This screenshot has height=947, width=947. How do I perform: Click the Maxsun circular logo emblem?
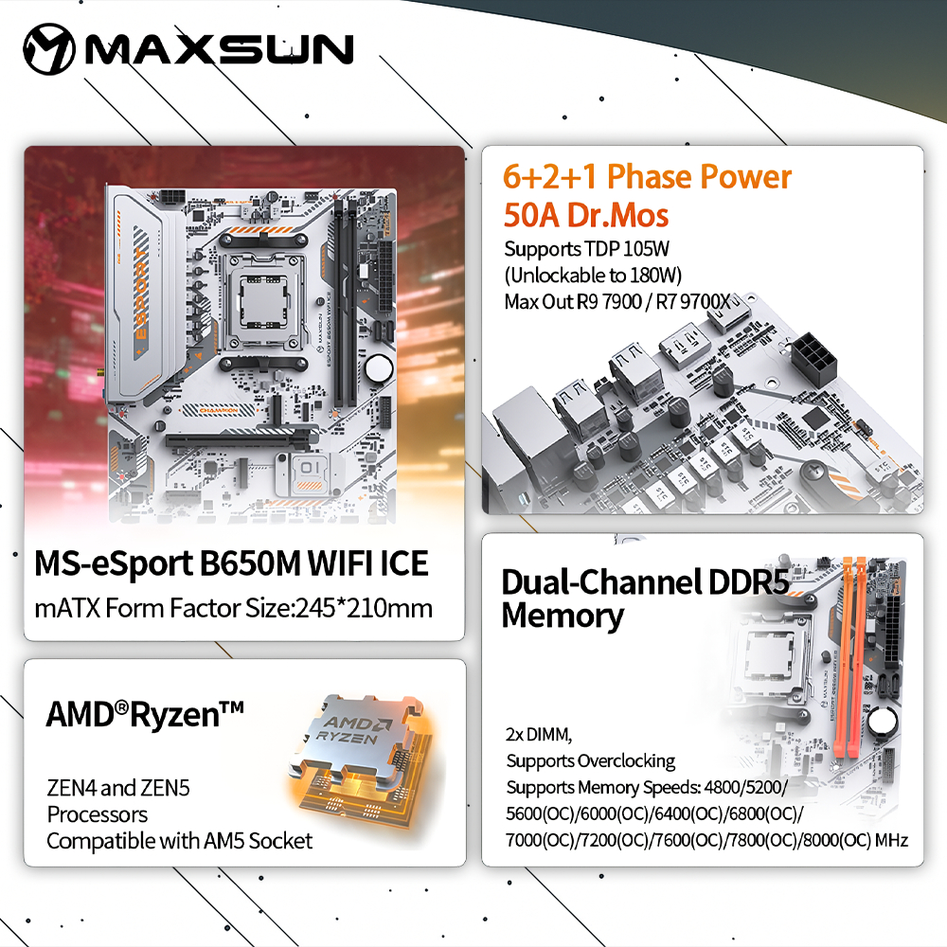pos(49,49)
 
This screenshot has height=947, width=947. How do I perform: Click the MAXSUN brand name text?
pos(220,49)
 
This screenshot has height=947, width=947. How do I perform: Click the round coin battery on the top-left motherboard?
pos(379,368)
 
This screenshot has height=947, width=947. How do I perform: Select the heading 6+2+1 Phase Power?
pos(647,176)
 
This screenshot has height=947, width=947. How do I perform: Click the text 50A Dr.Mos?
pos(586,215)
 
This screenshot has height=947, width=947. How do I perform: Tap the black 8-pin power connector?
pos(814,356)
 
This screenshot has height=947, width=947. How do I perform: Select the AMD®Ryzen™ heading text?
pos(145,714)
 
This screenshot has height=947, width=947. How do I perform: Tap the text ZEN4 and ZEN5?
pos(118,788)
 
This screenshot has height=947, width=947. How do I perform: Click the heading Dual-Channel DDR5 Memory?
pos(645,599)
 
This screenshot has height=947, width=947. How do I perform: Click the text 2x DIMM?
pos(539,735)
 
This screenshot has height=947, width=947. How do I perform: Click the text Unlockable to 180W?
pos(593,276)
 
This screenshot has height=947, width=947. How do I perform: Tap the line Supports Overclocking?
pos(591,761)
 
